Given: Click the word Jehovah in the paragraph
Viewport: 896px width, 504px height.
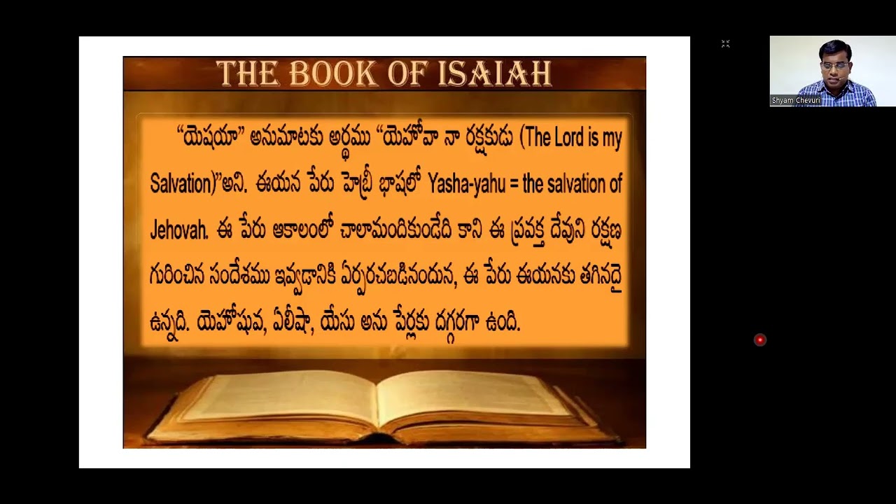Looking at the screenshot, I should [x=178, y=230].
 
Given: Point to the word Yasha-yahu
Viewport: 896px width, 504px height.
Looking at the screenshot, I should [x=466, y=184].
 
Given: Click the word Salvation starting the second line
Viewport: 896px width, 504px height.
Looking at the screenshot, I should [x=181, y=184].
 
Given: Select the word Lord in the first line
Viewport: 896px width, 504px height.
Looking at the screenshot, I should [x=568, y=138].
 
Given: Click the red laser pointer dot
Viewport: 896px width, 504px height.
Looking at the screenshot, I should [x=759, y=340].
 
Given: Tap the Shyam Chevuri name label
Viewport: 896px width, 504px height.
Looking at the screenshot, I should [x=795, y=101].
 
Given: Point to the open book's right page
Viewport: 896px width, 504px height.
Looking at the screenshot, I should [x=476, y=395].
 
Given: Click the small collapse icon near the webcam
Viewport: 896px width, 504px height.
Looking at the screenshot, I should [x=726, y=44].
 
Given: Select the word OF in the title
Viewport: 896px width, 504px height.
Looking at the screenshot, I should [x=407, y=73].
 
